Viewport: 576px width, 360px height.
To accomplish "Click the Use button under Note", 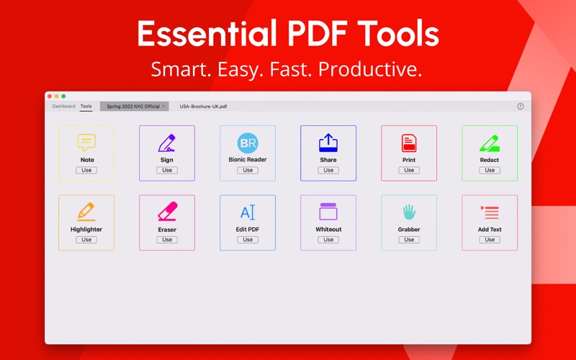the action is [86, 170].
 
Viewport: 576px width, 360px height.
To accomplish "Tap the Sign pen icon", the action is [167, 143].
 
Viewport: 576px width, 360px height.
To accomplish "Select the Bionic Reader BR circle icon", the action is [248, 143].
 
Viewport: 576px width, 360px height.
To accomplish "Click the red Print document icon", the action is [409, 143].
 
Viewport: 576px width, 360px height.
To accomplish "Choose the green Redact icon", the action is [490, 143].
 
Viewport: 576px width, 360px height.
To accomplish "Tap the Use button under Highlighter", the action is [86, 240].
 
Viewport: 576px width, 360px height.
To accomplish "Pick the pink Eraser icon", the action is [168, 211].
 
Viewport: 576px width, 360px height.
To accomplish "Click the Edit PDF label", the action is [248, 229].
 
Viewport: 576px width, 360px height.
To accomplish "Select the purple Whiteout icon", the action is [328, 211].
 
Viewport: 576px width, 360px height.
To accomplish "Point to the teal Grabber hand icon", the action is [409, 212].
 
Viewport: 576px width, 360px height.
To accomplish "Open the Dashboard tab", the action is [63, 106].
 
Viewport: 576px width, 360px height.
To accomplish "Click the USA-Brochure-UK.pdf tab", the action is [203, 106].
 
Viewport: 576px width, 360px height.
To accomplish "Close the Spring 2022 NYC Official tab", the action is [164, 106].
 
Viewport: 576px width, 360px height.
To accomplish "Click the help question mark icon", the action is [521, 106].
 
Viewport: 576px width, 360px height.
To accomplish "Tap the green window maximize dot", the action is [63, 96].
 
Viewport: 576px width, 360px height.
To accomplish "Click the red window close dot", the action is [50, 96].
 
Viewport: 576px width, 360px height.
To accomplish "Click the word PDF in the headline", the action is [318, 33].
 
